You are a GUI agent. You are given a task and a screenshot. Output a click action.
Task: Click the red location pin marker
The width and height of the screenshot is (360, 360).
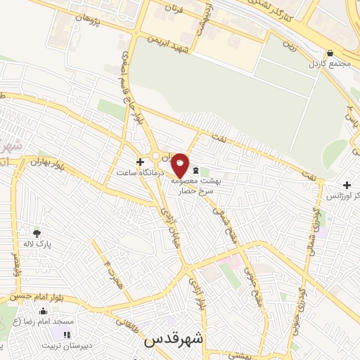(x=180, y=166)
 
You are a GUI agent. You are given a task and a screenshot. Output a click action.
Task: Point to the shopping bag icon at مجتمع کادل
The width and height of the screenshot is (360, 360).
(x=330, y=53)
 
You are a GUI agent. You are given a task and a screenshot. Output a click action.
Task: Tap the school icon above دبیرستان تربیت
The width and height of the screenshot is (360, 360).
(x=67, y=335)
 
